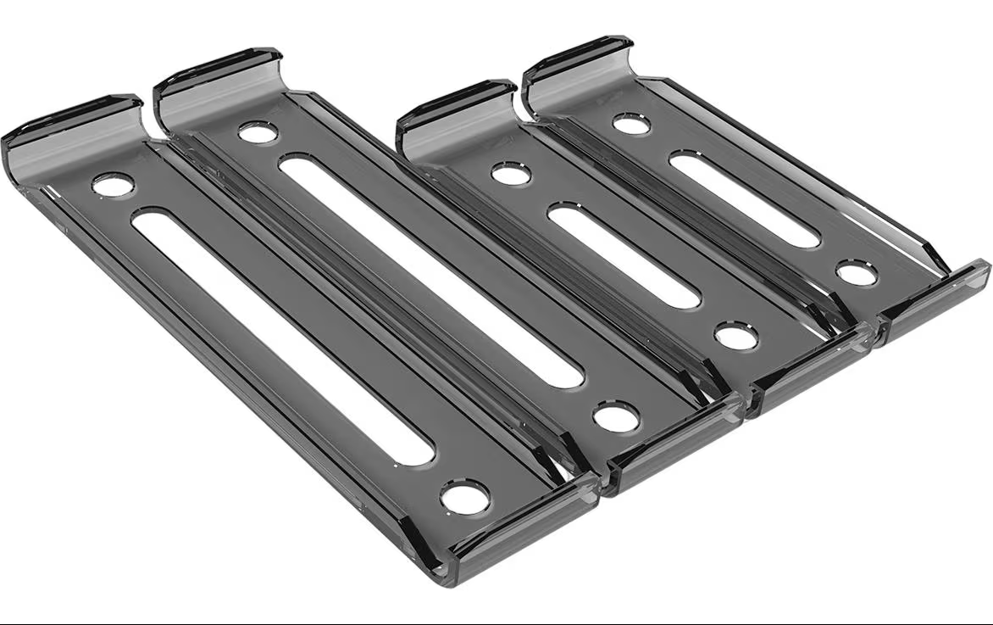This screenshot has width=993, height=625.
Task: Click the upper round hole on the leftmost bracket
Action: pyautogui.click(x=113, y=184)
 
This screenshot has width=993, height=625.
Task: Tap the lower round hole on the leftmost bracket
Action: pyautogui.click(x=465, y=496)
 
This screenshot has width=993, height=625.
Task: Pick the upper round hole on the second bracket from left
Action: pyautogui.click(x=258, y=132)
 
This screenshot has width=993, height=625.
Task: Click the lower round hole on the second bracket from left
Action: pyautogui.click(x=616, y=416)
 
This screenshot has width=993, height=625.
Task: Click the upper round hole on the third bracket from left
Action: pyautogui.click(x=511, y=174)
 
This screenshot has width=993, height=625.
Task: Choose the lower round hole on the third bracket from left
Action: pyautogui.click(x=735, y=335)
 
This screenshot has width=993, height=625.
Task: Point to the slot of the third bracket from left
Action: pyautogui.click(x=624, y=254)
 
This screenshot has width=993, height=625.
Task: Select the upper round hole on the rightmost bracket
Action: pyautogui.click(x=631, y=125)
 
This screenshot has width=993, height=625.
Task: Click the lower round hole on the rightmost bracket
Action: pyautogui.click(x=857, y=272)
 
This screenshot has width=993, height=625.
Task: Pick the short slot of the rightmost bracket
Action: pyautogui.click(x=744, y=199)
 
